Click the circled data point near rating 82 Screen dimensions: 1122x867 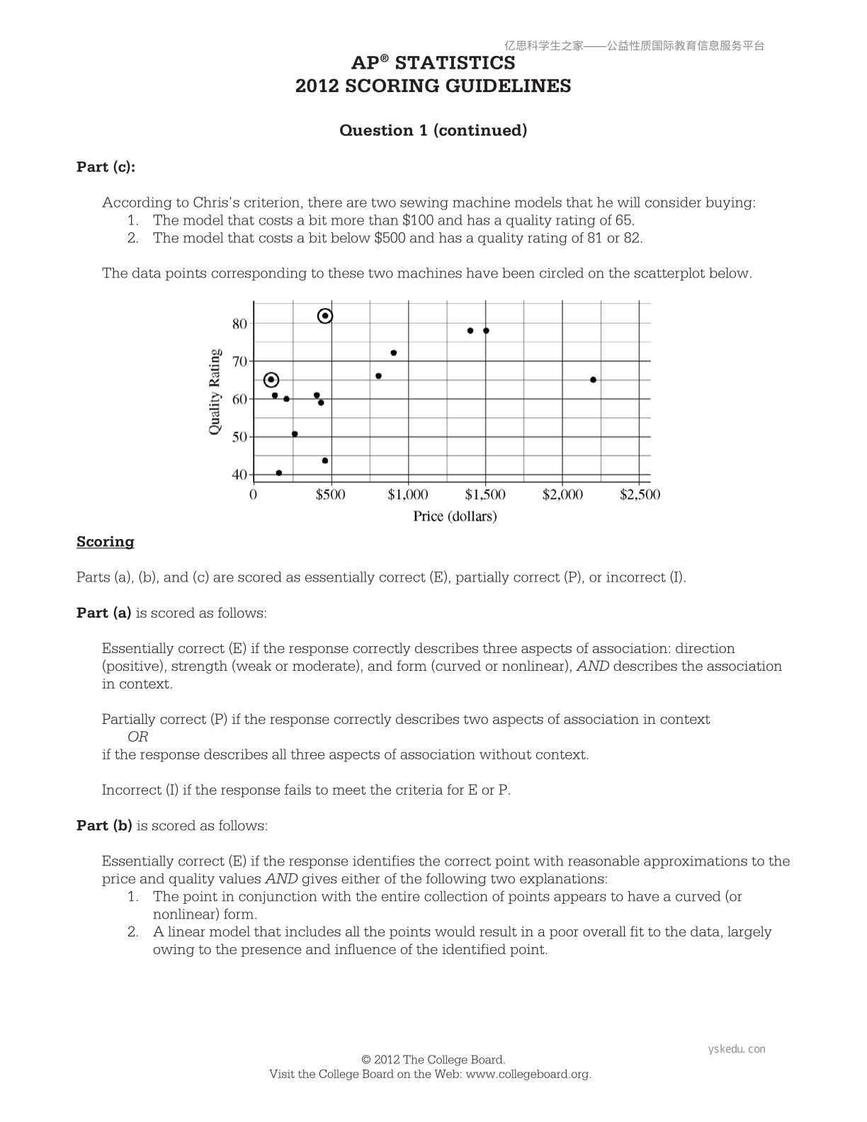[x=325, y=316]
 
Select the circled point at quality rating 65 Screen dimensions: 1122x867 [x=271, y=380]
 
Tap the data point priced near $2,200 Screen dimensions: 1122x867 [x=593, y=380]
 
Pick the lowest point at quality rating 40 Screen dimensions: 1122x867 [x=278, y=472]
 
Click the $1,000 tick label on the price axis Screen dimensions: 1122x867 [x=407, y=494]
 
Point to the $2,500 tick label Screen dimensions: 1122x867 [x=639, y=494]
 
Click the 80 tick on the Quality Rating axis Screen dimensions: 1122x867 [x=239, y=324]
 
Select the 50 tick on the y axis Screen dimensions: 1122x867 [x=239, y=436]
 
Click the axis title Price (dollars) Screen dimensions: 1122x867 [x=455, y=516]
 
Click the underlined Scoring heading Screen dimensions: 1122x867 [x=105, y=542]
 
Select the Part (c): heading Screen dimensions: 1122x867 [x=106, y=166]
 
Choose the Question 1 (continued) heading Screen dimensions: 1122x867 [x=433, y=130]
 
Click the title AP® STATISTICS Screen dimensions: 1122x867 [x=433, y=63]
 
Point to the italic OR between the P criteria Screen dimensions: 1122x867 [x=137, y=737]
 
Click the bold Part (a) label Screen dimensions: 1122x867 [x=103, y=613]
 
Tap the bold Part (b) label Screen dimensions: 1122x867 [x=104, y=825]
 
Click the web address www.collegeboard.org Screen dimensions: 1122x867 [x=528, y=1074]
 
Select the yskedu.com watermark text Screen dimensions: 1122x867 [x=737, y=1049]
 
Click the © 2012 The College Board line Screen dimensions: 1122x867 [x=433, y=1060]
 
